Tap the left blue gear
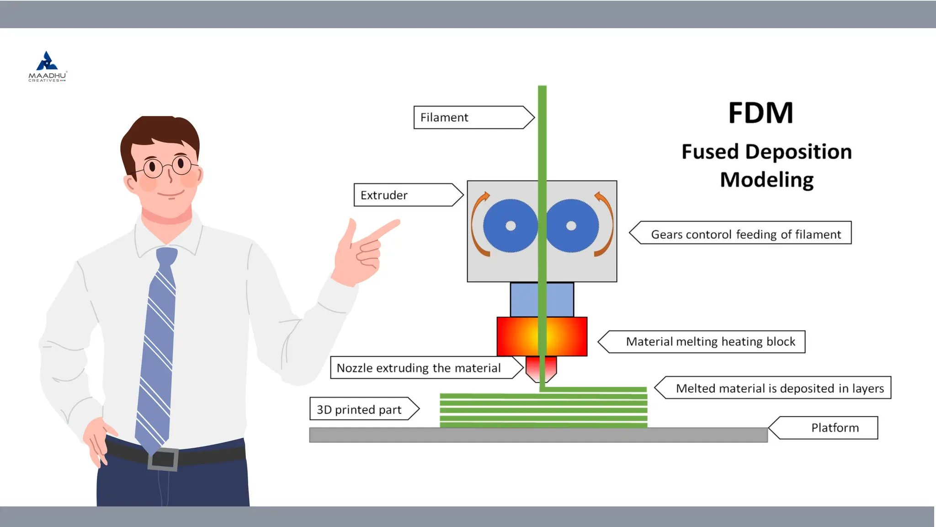[x=510, y=226]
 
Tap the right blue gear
[x=572, y=226]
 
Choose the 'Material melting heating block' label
[x=706, y=342]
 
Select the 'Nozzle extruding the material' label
[x=423, y=368]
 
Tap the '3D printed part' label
[x=361, y=409]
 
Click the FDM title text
[x=760, y=113]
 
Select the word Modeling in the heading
[x=767, y=180]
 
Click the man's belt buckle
[x=163, y=459]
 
